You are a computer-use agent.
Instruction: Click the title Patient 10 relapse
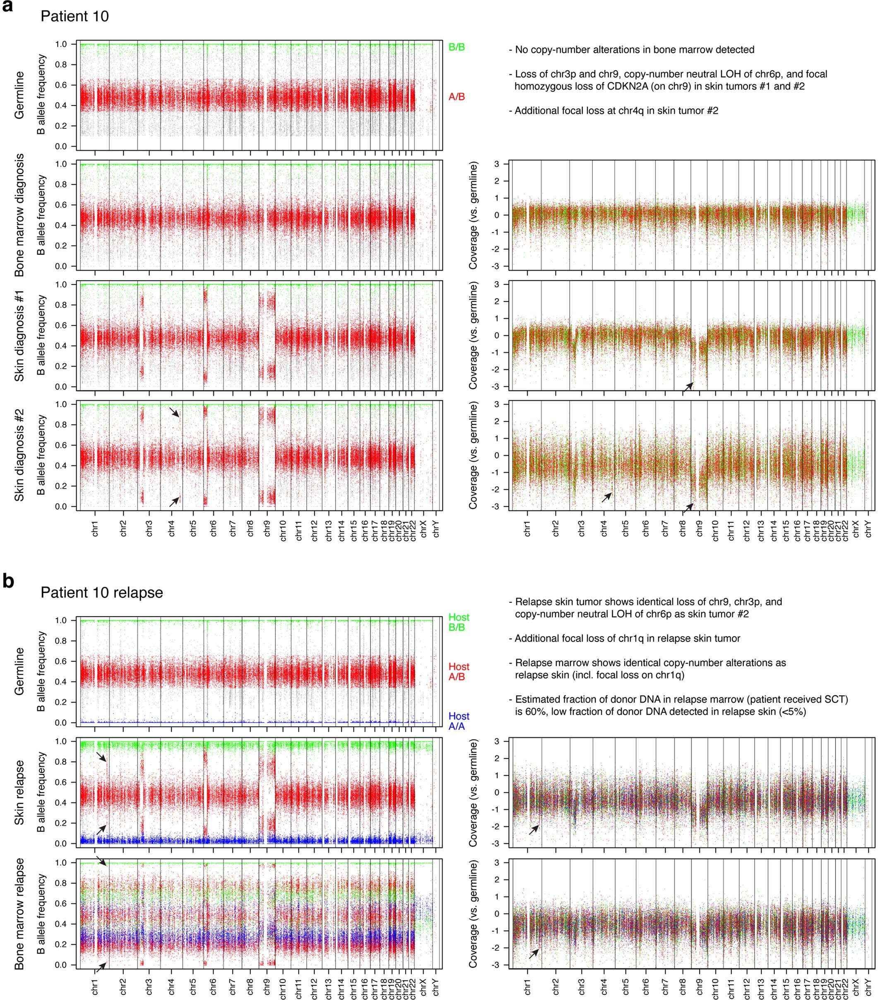click(101, 593)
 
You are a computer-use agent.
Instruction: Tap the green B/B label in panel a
click(456, 48)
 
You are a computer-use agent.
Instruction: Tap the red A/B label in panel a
click(456, 97)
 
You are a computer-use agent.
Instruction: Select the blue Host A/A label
click(458, 721)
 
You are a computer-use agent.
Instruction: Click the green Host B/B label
click(458, 622)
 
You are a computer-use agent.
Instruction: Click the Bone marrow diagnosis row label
click(19, 215)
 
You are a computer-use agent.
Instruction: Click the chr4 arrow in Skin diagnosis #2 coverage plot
click(606, 497)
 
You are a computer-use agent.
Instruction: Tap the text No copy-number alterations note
click(634, 49)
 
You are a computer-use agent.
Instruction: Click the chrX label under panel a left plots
click(423, 529)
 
